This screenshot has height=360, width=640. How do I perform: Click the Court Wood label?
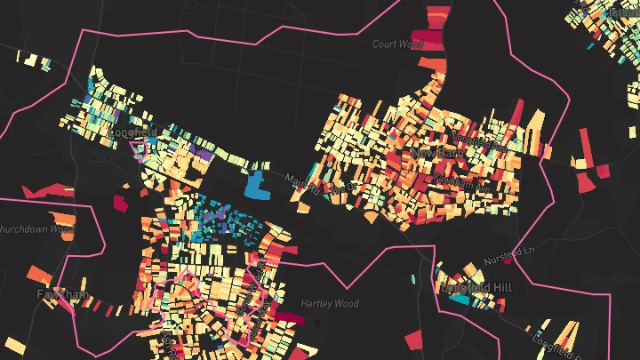(396, 44)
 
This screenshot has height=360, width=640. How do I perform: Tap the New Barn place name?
(433, 154)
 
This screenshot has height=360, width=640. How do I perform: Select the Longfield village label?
(125, 132)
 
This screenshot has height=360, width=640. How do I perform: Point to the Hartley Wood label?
(329, 304)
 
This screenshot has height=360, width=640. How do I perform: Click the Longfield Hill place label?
(476, 288)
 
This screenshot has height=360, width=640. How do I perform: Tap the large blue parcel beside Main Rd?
(257, 184)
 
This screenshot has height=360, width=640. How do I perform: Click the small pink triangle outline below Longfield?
(139, 148)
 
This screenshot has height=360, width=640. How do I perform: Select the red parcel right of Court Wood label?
(430, 37)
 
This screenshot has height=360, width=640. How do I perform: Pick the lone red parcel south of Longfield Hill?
(415, 339)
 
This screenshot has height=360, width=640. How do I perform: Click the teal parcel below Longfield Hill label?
(460, 300)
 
